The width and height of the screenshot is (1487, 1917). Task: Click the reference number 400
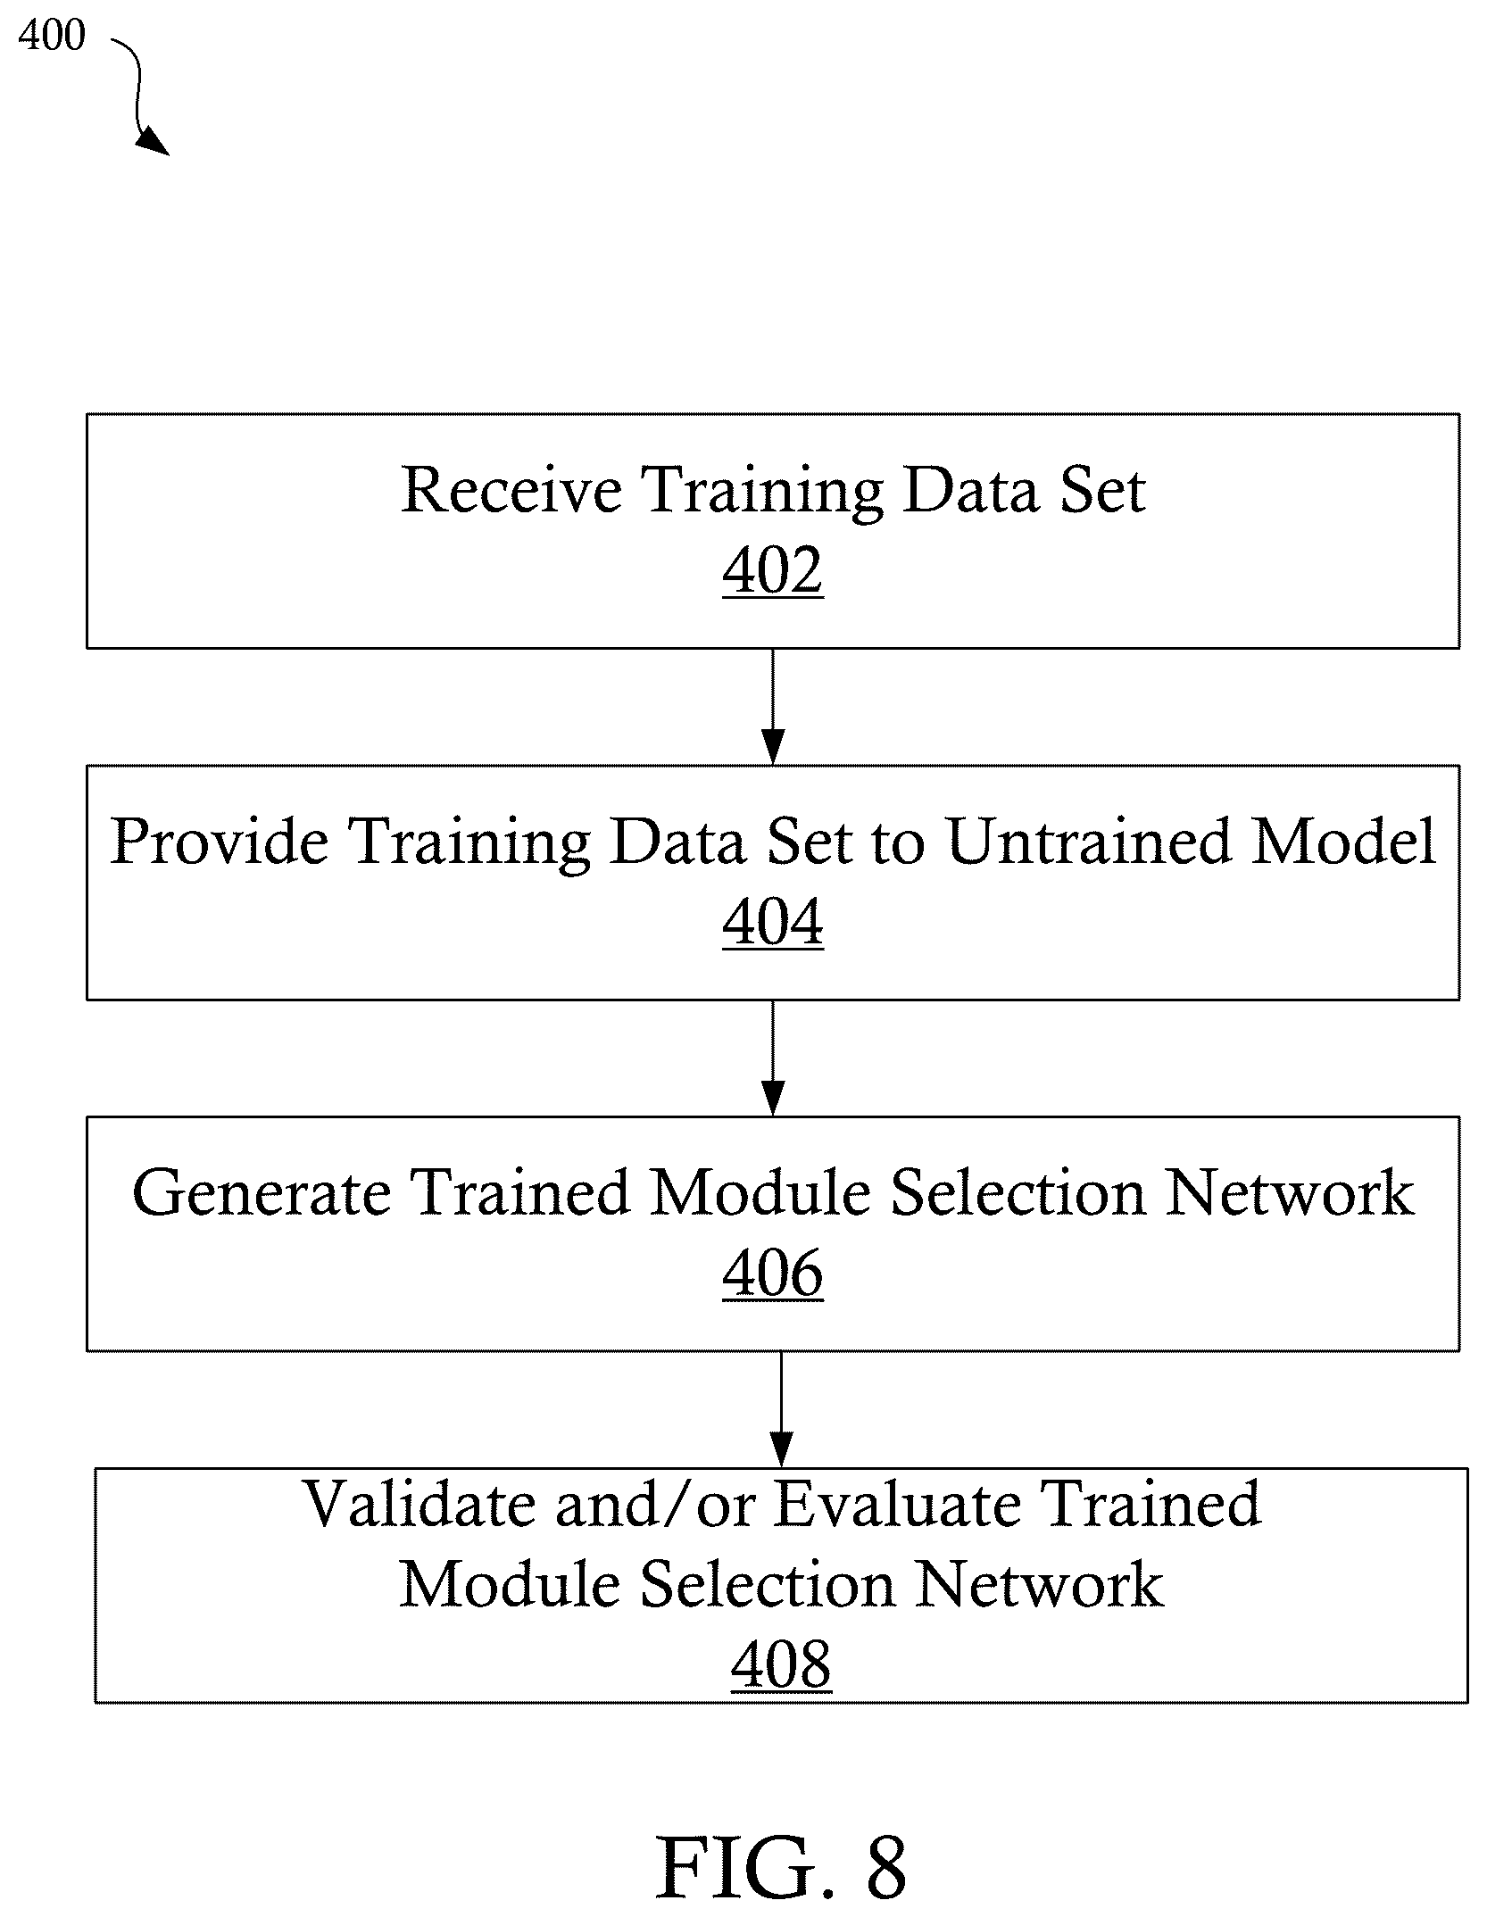[52, 36]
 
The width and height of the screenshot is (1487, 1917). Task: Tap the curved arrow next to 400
[138, 94]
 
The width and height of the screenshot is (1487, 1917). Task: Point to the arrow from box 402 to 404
[773, 706]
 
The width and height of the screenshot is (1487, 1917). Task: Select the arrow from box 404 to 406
[773, 1058]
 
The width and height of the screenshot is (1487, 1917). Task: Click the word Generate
[262, 1192]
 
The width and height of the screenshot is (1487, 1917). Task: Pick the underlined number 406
[773, 1274]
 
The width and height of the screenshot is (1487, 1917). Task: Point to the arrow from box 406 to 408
[782, 1409]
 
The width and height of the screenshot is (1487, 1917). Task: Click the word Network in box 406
[1290, 1192]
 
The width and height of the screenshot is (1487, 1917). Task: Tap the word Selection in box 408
[767, 1585]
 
